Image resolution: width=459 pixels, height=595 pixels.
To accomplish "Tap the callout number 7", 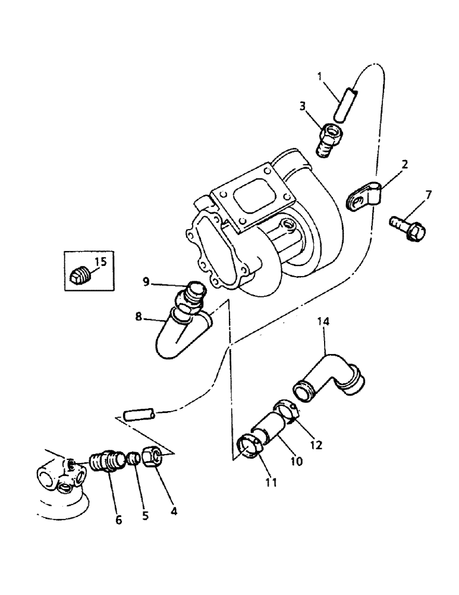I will [x=428, y=195].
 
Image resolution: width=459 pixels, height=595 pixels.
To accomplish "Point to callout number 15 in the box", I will [x=99, y=260].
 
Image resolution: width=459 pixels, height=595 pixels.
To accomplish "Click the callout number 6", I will [x=118, y=519].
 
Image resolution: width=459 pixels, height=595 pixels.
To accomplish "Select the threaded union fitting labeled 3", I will [x=329, y=137].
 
